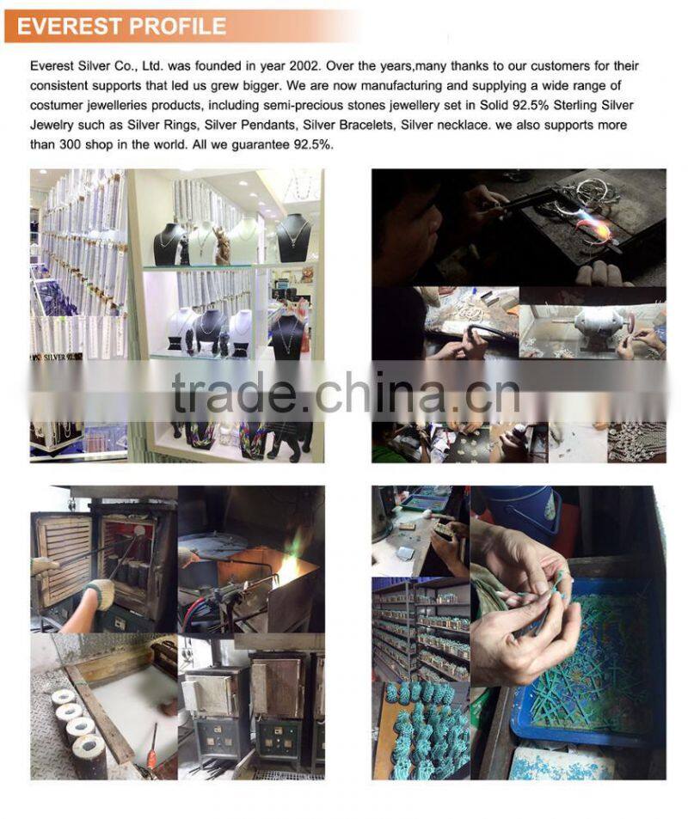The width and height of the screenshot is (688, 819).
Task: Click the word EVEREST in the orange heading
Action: (69, 26)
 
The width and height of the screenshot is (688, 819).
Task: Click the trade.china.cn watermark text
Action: (345, 392)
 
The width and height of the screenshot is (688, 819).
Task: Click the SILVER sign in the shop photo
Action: (57, 358)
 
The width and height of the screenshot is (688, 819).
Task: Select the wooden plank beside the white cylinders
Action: (100, 712)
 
